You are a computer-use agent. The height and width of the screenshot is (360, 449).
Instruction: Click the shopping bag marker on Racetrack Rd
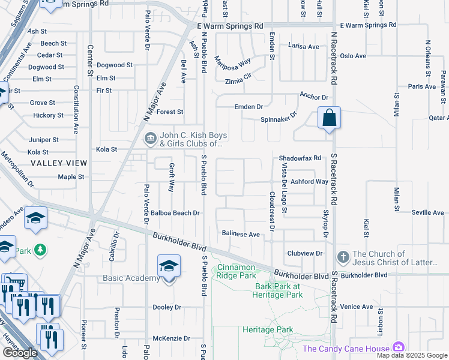(330, 118)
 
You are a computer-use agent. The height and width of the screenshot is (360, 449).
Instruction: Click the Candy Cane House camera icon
(397, 348)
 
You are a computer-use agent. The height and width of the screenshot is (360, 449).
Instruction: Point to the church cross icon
(343, 257)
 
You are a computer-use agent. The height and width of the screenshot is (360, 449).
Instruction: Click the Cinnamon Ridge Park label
(237, 271)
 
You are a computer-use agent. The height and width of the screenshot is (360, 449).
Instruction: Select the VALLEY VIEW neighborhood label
(60, 163)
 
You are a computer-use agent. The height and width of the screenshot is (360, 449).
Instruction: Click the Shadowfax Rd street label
(300, 158)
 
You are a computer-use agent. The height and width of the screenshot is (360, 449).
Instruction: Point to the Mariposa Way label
(233, 62)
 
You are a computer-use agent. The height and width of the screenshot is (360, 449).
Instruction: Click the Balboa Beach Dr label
(175, 213)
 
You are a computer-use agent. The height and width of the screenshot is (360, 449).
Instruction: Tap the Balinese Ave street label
(240, 234)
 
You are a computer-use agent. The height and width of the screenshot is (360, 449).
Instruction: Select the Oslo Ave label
(352, 56)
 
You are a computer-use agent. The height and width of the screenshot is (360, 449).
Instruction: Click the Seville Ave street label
(427, 213)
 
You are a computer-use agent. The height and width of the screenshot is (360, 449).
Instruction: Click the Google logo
(20, 353)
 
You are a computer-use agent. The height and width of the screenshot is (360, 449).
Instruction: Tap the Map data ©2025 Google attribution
(412, 355)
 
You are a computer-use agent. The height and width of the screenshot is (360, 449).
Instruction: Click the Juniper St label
(44, 140)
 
